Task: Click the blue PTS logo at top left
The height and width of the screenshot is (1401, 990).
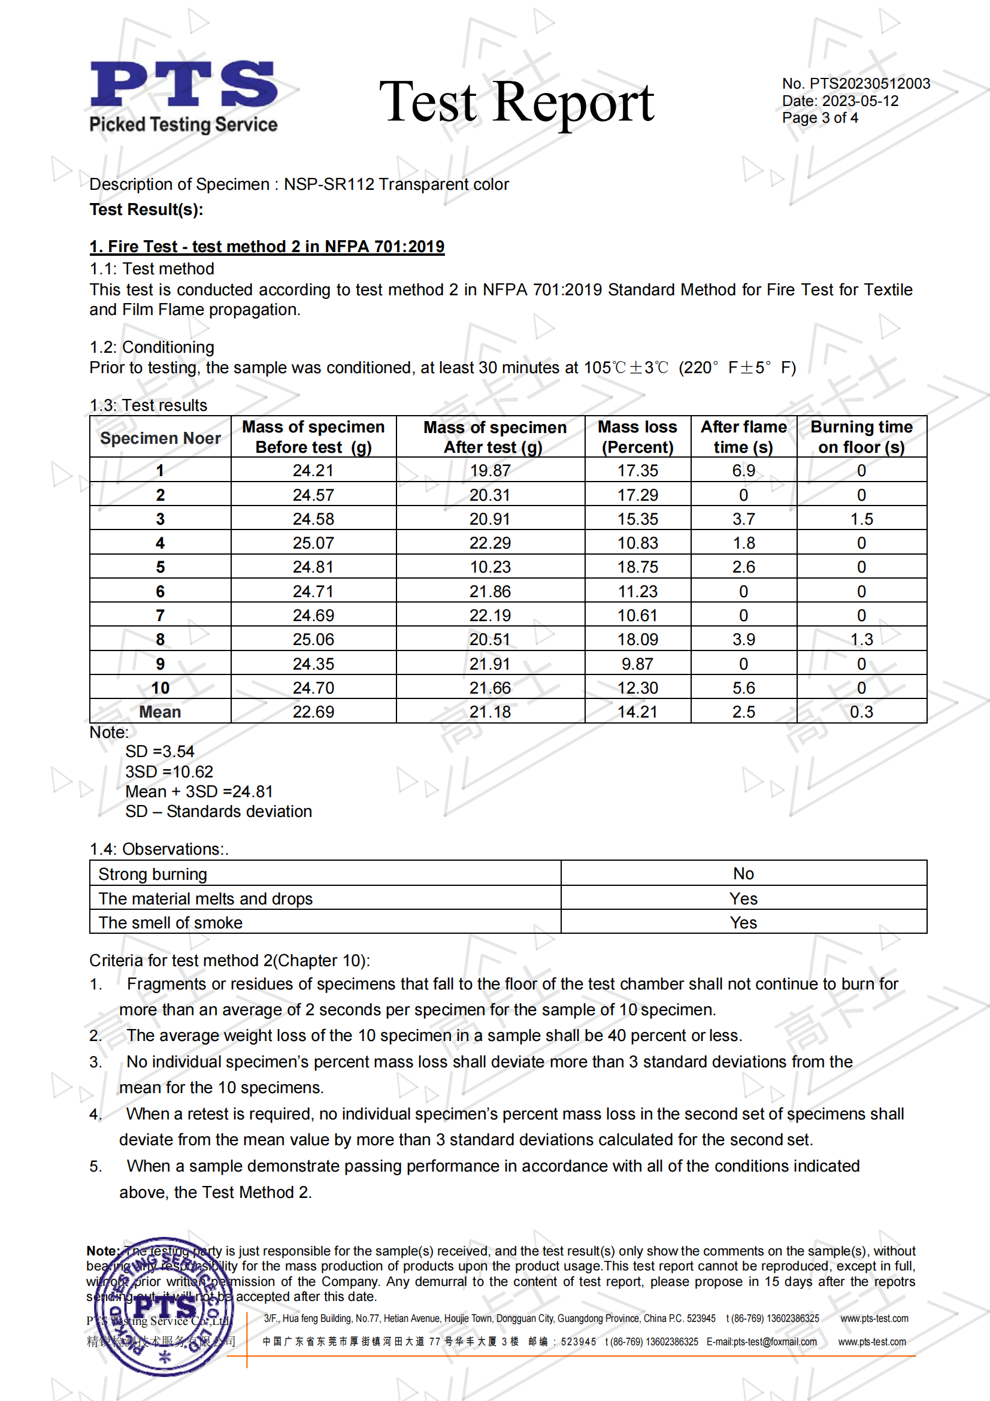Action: tap(183, 84)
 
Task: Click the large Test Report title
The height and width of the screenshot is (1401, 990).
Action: tap(516, 102)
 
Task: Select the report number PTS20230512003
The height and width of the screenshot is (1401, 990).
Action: tap(869, 84)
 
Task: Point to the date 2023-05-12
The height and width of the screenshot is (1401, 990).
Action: tap(860, 101)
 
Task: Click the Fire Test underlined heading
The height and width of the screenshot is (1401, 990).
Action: tap(267, 247)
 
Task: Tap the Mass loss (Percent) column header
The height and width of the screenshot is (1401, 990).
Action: tap(637, 437)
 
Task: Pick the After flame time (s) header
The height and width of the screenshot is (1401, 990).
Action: tap(743, 437)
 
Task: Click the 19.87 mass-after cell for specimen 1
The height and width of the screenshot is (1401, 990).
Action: tap(490, 470)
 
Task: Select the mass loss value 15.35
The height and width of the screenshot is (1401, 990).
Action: tap(637, 519)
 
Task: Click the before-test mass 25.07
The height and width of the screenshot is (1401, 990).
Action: tap(313, 543)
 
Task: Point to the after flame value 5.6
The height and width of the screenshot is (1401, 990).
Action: tap(743, 688)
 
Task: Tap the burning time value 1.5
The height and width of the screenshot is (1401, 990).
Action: tap(861, 519)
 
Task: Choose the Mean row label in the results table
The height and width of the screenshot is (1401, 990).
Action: tap(160, 712)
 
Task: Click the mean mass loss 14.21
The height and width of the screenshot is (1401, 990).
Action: tap(637, 712)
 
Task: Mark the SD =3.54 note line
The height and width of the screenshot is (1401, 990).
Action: tap(160, 751)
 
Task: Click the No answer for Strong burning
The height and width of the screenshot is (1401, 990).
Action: tap(743, 873)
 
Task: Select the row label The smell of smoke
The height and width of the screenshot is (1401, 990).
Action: tap(171, 922)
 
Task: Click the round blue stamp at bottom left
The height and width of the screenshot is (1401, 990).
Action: tap(164, 1306)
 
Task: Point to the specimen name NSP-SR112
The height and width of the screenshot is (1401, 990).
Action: tap(329, 184)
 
